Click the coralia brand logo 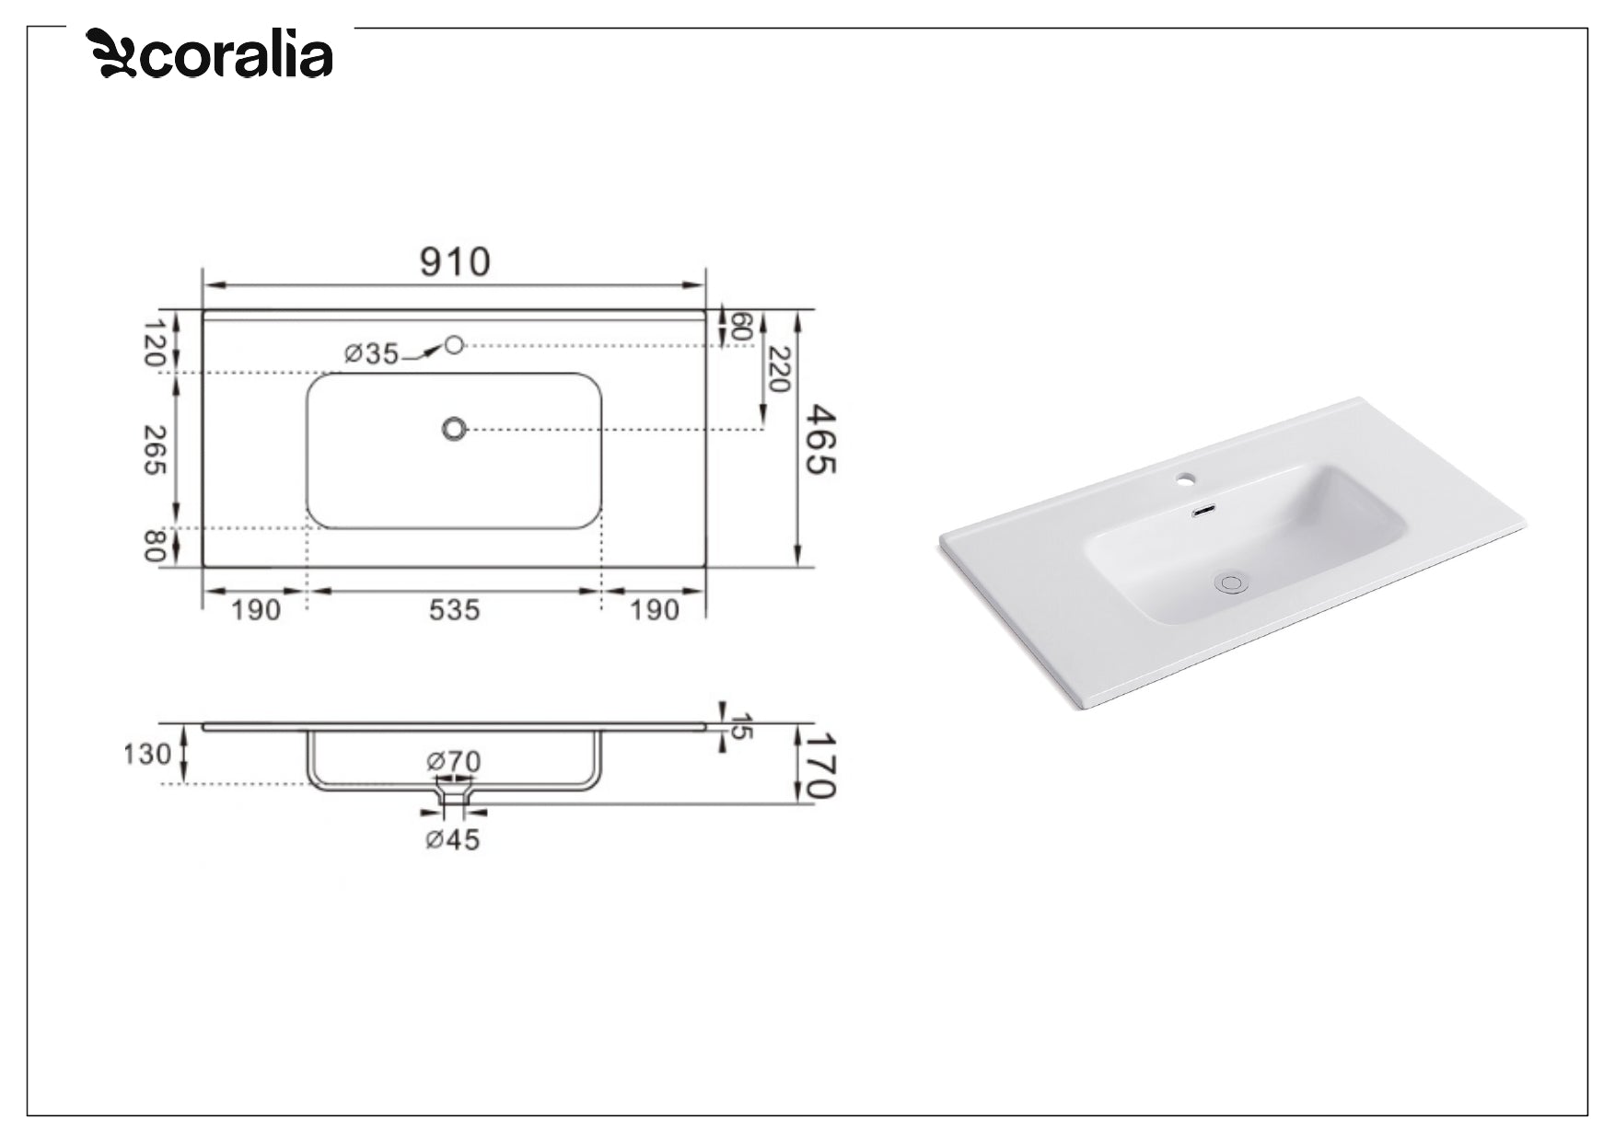(210, 54)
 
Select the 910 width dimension (455, 262)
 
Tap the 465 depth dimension (819, 440)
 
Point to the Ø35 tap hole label (372, 353)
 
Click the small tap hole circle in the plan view (453, 345)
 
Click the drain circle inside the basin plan (454, 429)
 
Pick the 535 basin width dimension (454, 610)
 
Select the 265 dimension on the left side (155, 450)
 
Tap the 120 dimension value (155, 342)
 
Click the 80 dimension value (155, 547)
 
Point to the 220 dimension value (779, 369)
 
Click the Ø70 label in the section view (453, 762)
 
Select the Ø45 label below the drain (453, 839)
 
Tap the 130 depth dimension (147, 755)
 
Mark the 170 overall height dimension (819, 765)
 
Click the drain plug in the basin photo (1231, 583)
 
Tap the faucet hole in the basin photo (1186, 479)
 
